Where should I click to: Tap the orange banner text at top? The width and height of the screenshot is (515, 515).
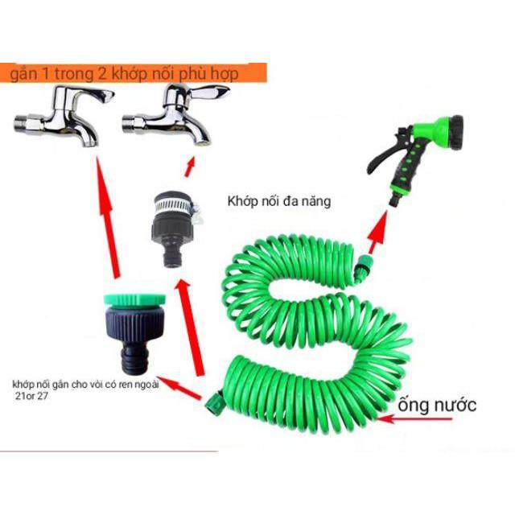(x=133, y=74)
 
